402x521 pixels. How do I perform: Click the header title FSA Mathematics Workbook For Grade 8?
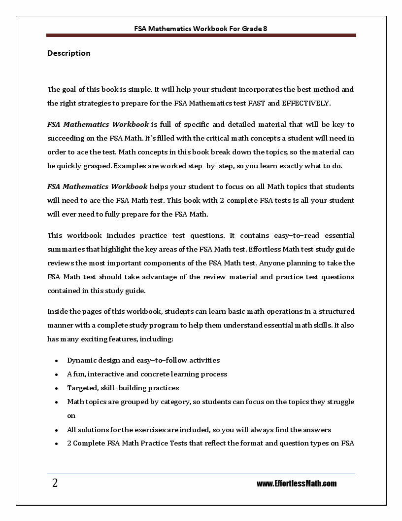click(x=201, y=29)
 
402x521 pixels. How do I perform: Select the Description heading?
click(x=69, y=53)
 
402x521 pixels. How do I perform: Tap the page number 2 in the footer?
click(x=55, y=483)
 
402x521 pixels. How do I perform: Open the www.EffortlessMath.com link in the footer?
click(x=297, y=484)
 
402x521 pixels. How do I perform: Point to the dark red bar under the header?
click(x=201, y=36)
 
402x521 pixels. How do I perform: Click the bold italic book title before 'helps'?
click(x=97, y=186)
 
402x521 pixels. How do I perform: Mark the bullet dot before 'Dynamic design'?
click(x=57, y=361)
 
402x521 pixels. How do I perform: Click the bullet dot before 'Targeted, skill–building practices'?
click(x=57, y=388)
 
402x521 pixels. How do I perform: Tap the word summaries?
click(x=65, y=249)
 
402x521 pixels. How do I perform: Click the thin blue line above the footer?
click(x=201, y=474)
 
